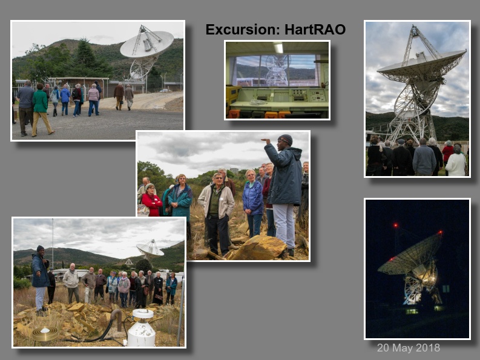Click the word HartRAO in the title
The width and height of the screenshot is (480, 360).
(x=315, y=30)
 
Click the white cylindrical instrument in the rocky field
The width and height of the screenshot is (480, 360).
(x=142, y=328)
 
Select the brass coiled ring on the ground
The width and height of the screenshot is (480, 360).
(x=45, y=334)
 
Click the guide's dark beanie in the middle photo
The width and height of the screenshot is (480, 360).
(x=286, y=139)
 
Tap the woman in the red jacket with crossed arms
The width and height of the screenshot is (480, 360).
(x=151, y=200)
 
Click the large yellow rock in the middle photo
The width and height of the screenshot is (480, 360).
(x=259, y=247)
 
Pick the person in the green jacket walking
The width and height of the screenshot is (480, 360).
(x=41, y=110)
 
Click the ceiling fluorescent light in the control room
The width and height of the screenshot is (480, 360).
(x=278, y=48)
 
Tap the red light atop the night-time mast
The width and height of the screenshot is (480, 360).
(x=395, y=226)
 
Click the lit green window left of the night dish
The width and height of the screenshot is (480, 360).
(x=412, y=312)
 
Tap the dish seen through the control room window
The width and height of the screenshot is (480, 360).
(x=276, y=70)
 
